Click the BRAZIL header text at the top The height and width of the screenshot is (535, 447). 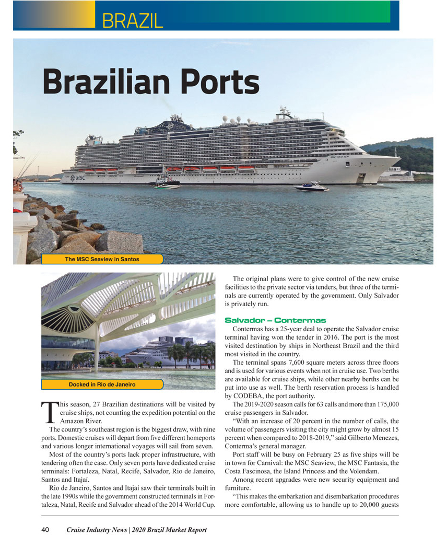pyautogui.click(x=133, y=20)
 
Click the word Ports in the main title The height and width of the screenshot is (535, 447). pyautogui.click(x=219, y=82)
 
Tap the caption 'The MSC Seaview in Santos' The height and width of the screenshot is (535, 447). pyautogui.click(x=102, y=259)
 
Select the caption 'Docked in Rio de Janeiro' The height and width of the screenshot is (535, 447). pyautogui.click(x=102, y=385)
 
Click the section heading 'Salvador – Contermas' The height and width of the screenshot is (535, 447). pyautogui.click(x=275, y=320)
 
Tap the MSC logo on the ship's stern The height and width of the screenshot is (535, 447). pyautogui.click(x=78, y=178)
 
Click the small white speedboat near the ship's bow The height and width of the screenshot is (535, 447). pyautogui.click(x=311, y=186)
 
